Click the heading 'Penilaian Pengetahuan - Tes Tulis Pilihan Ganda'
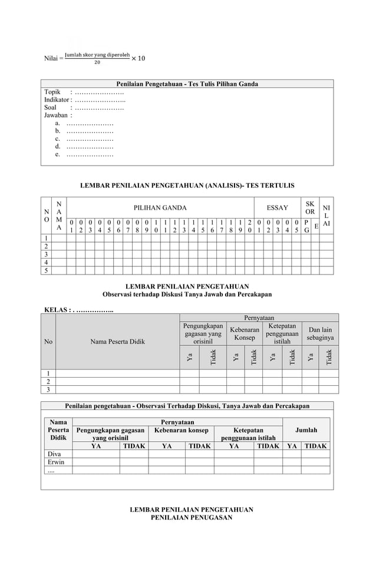tap(186, 84)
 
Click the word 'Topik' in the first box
tap(54, 92)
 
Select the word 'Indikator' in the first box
tap(57, 100)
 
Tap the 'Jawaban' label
tap(57, 115)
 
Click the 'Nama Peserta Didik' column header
tap(117, 341)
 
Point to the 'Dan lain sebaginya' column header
tap(320, 334)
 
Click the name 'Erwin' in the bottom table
tap(55, 462)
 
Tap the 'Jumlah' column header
tap(306, 430)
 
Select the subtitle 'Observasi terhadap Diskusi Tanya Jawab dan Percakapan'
tap(187, 294)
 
